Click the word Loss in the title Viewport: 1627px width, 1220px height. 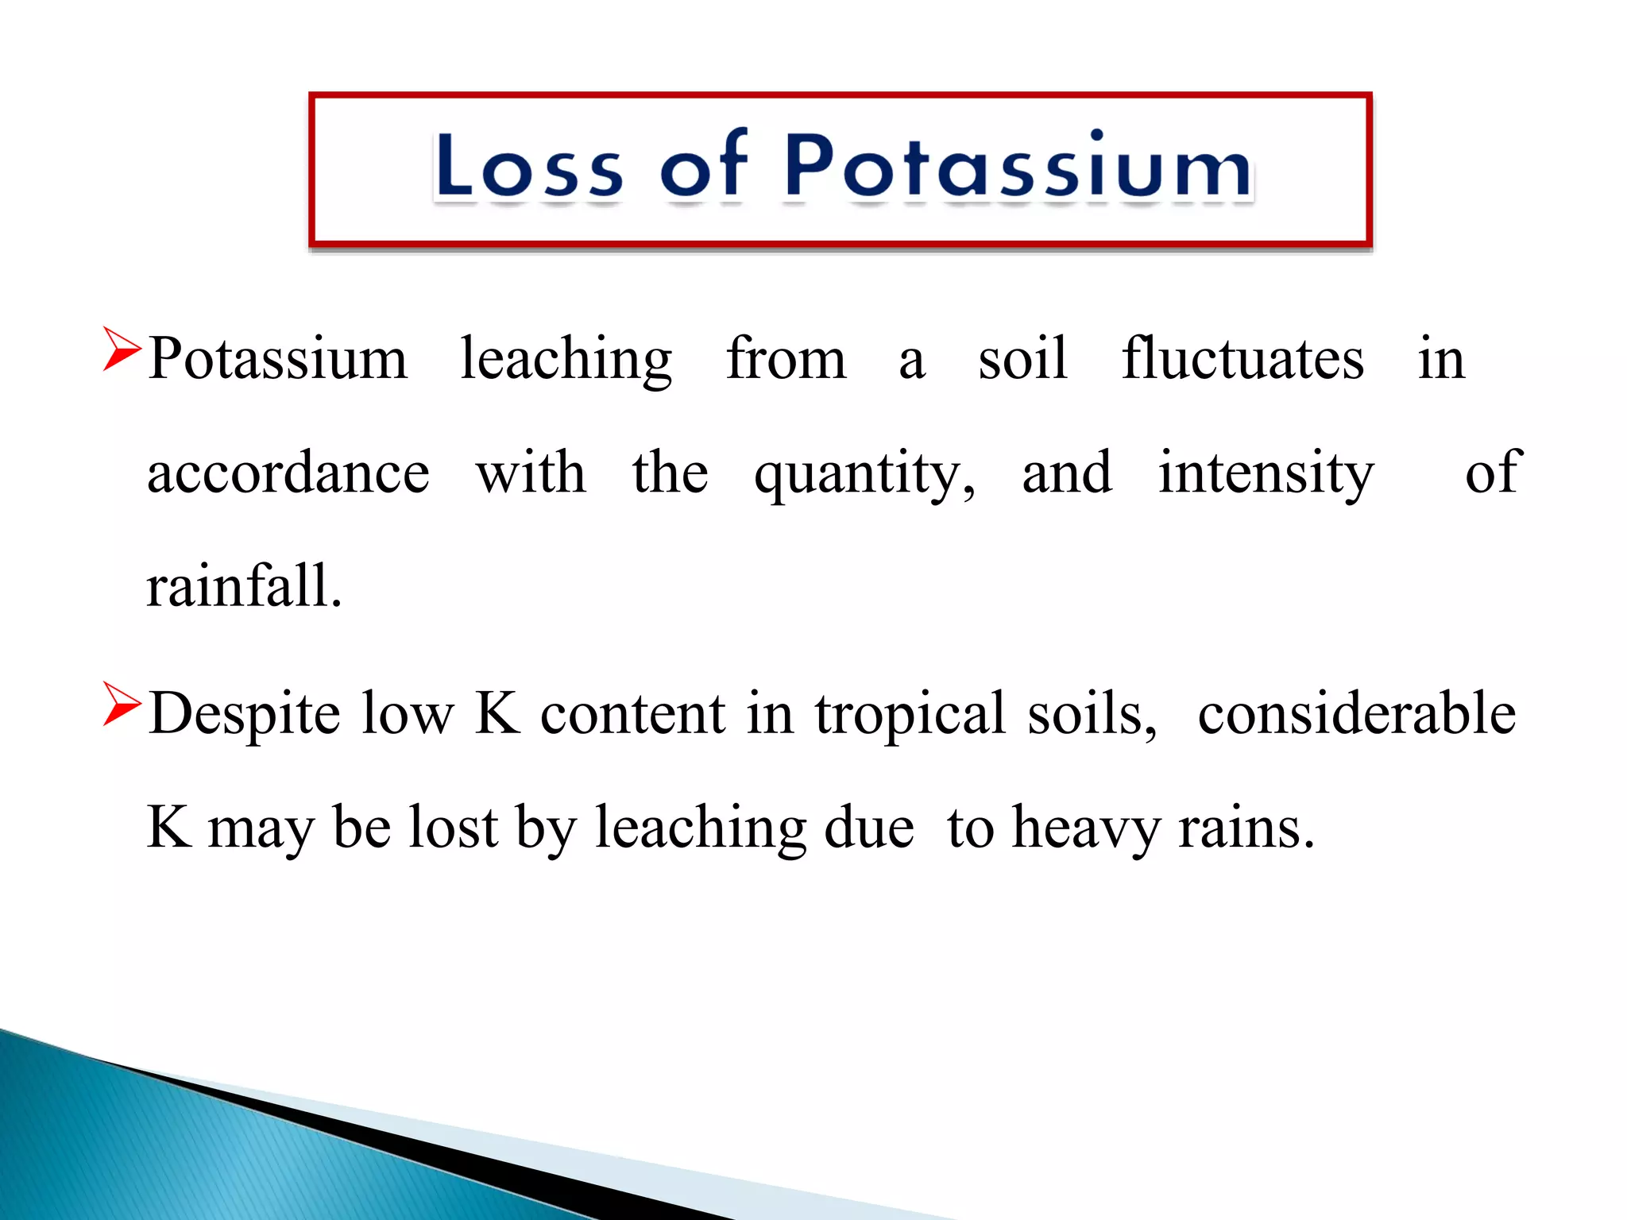(528, 166)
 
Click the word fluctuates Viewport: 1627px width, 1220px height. (1242, 359)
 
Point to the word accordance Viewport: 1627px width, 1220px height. (288, 473)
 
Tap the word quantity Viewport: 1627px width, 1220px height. (863, 475)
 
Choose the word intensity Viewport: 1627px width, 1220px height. (1266, 475)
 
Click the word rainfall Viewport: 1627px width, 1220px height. (244, 587)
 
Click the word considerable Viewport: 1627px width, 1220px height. (1356, 713)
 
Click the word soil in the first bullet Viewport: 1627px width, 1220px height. (1022, 359)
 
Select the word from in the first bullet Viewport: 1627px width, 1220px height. (786, 359)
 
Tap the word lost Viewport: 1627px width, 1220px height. (453, 828)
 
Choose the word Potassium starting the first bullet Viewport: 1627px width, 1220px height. (277, 359)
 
